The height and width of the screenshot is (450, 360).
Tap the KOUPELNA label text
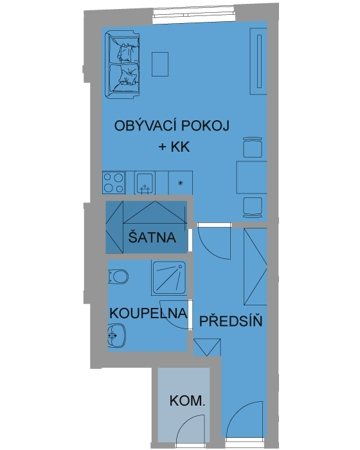[x=148, y=313]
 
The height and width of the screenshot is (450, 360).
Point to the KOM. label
[x=187, y=401]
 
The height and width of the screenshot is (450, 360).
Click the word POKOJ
[x=206, y=126]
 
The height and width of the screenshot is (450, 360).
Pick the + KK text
[x=174, y=147]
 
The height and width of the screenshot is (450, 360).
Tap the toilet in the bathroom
[x=118, y=276]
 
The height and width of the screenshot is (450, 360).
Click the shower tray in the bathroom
[x=169, y=278]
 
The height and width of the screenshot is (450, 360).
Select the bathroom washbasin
[x=117, y=336]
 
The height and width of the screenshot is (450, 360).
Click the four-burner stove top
[x=113, y=183]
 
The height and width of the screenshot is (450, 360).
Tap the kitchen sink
[x=145, y=183]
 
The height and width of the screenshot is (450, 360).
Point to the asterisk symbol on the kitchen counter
[x=180, y=183]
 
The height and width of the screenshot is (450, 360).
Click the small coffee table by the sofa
[x=160, y=64]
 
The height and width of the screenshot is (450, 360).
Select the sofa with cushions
[x=122, y=65]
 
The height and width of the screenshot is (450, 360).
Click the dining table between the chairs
[x=252, y=177]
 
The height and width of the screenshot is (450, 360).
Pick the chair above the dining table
[x=253, y=147]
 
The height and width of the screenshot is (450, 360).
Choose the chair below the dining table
[x=253, y=207]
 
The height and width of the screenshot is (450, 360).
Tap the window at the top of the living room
[x=194, y=15]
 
